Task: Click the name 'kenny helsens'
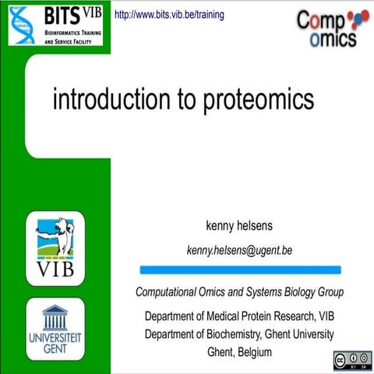(239, 227)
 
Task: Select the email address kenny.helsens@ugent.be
(239, 250)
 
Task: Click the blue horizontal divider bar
(240, 270)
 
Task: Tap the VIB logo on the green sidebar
(55, 249)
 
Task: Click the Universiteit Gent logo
(55, 330)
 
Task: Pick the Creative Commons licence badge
(349, 360)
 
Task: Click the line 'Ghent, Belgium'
(239, 352)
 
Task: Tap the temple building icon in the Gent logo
(55, 317)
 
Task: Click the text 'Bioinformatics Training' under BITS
(68, 33)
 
